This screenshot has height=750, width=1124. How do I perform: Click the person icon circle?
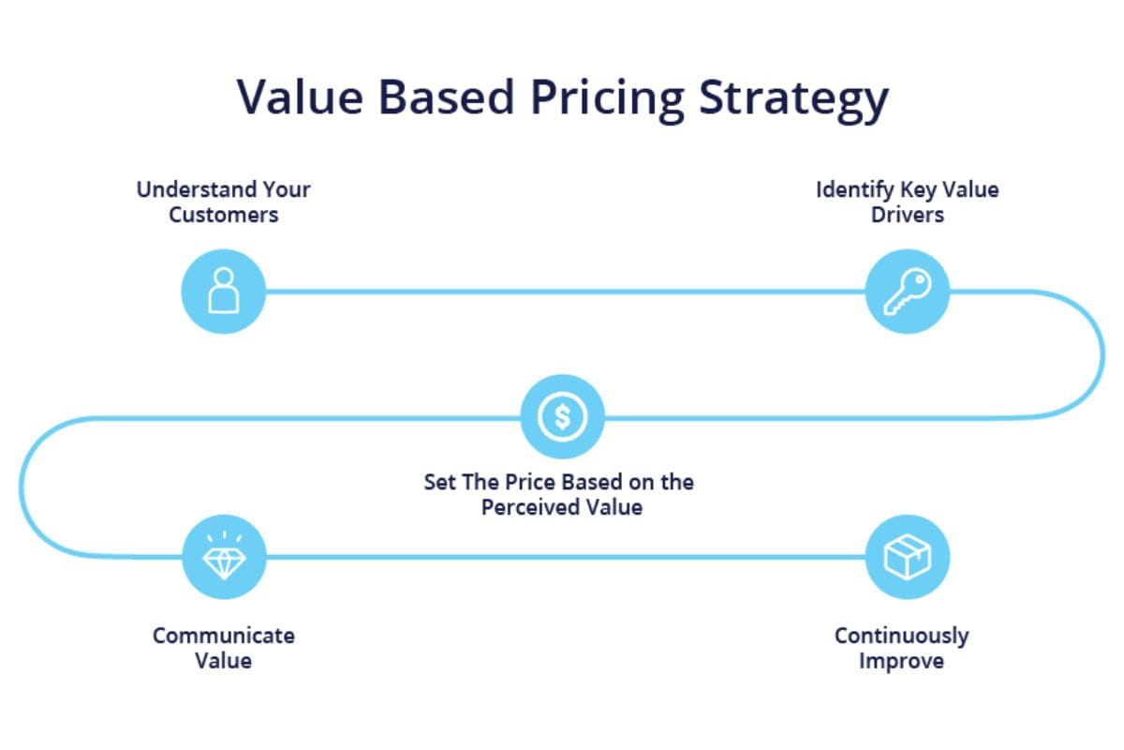click(x=223, y=292)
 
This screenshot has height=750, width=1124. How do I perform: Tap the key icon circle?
click(x=908, y=292)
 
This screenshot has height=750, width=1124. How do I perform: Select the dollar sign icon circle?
click(x=563, y=416)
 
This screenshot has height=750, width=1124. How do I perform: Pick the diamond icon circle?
click(x=224, y=557)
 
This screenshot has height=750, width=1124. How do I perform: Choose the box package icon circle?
click(x=908, y=557)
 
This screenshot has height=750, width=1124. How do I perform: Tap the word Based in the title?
click(x=447, y=97)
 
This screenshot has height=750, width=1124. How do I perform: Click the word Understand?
click(x=194, y=190)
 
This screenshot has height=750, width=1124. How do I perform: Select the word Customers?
click(x=223, y=215)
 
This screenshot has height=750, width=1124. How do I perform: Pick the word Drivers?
click(x=908, y=215)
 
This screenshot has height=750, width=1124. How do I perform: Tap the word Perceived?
click(x=529, y=507)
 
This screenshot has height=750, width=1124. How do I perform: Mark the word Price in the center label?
click(x=531, y=482)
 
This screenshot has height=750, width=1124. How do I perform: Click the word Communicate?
click(x=223, y=636)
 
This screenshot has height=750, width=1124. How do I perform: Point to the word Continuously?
click(x=901, y=637)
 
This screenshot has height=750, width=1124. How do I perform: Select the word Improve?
click(x=901, y=662)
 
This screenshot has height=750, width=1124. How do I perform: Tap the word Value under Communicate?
click(x=223, y=661)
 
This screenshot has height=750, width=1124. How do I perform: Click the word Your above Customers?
click(x=287, y=190)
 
